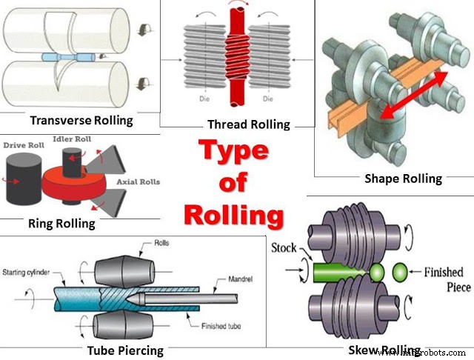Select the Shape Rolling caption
coord(403,178)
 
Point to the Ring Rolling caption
coord(61,222)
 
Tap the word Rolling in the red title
coord(233,215)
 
